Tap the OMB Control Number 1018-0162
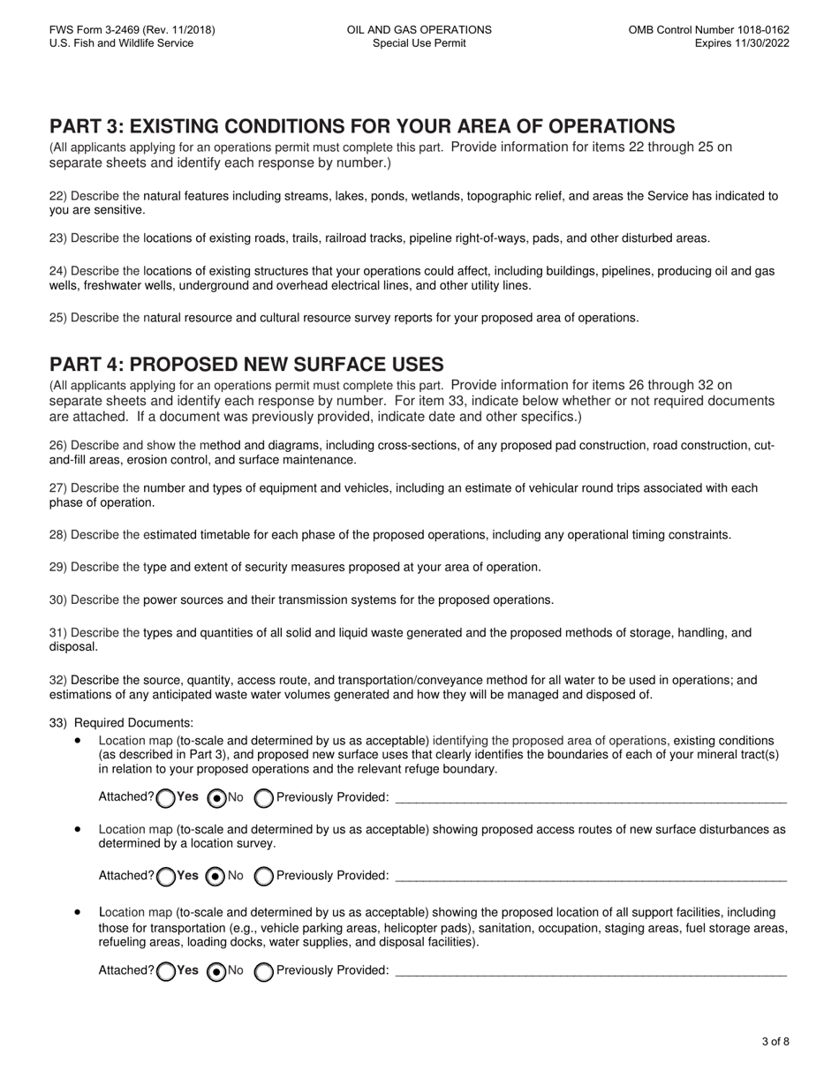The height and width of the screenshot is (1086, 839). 708,30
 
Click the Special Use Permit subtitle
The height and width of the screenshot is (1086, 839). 419,43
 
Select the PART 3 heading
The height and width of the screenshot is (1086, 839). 362,126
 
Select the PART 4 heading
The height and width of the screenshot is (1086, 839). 246,365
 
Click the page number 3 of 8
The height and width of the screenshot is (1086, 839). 775,1042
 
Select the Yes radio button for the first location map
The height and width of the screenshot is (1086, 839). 165,798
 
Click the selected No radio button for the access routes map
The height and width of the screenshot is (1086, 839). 215,877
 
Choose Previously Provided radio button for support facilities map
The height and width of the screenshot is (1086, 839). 263,971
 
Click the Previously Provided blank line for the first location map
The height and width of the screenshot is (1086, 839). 590,798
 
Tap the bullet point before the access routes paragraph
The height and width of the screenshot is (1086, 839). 79,830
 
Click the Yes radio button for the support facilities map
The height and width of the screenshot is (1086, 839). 165,971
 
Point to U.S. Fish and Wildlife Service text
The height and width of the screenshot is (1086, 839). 121,43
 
